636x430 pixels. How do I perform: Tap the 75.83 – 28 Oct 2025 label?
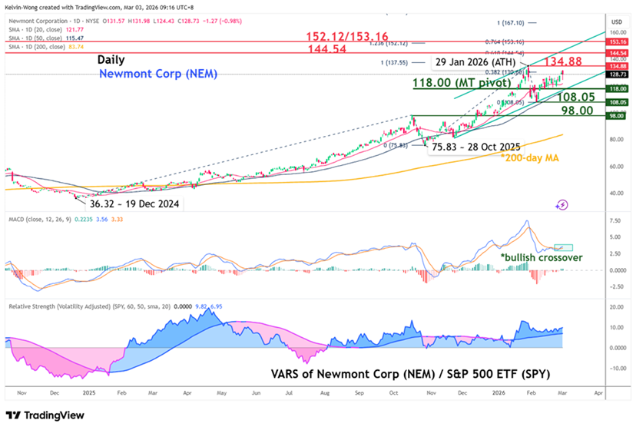point(476,146)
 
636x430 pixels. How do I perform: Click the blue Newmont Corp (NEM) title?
point(158,73)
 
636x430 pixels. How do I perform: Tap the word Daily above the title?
point(111,59)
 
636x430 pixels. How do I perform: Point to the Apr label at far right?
point(597,391)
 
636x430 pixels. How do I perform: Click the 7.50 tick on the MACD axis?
point(615,220)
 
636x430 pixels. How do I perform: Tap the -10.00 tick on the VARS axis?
point(614,368)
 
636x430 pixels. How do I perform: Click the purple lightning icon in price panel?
point(562,204)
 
